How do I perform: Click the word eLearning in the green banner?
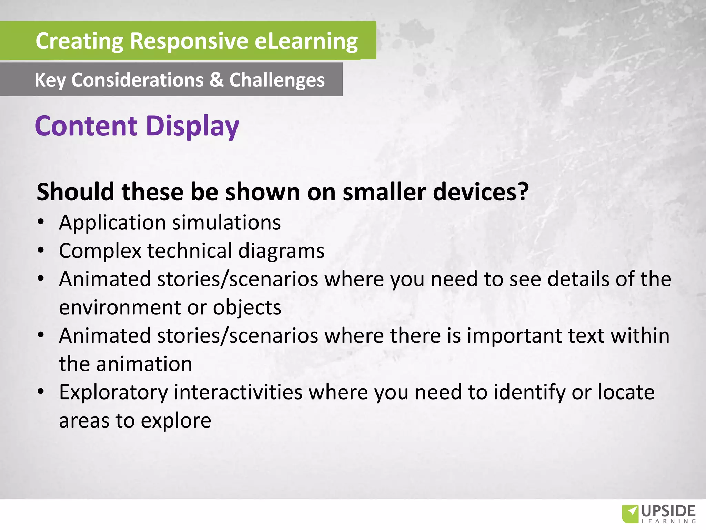[x=306, y=41]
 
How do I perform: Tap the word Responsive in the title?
[x=189, y=41]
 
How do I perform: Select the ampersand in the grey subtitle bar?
[x=216, y=80]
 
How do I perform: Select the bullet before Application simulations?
[x=41, y=222]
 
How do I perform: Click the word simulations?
[x=226, y=223]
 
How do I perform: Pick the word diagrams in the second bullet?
[x=281, y=251]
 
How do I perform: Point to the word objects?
[x=247, y=307]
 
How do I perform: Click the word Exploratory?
[x=113, y=393]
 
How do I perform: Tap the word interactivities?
[x=238, y=392]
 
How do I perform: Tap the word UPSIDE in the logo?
[x=668, y=511]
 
